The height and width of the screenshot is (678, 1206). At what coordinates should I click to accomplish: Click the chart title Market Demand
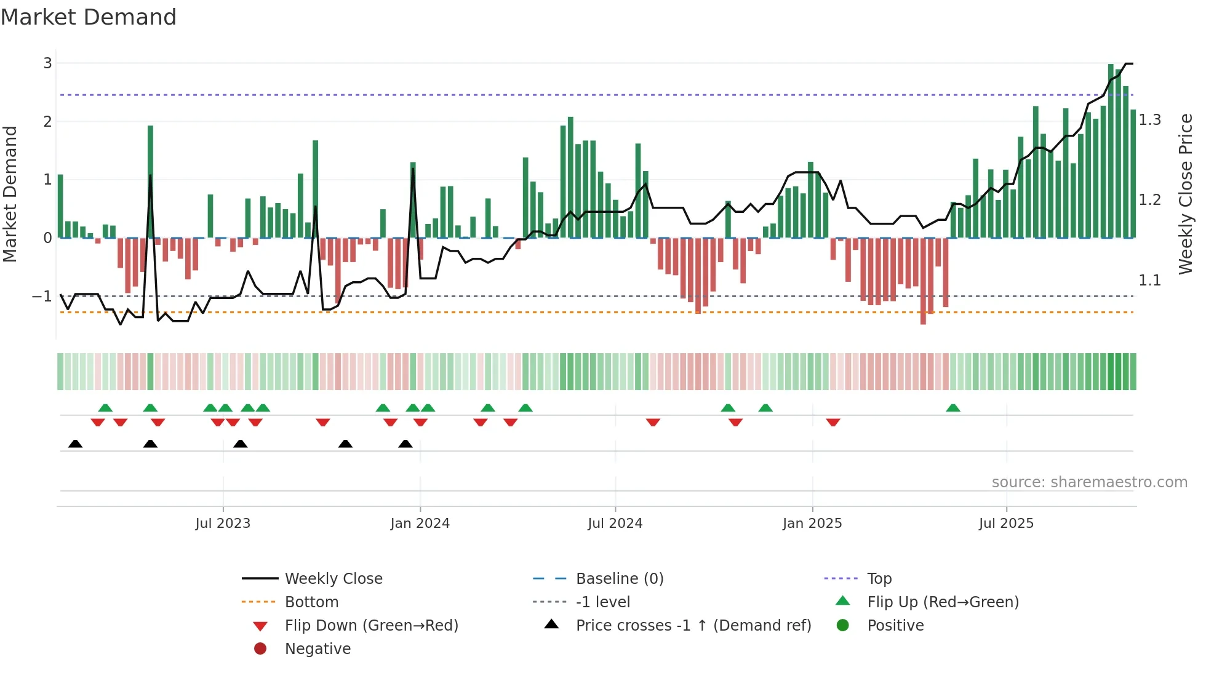click(x=89, y=17)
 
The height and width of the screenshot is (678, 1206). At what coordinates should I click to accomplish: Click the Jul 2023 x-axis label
click(x=223, y=524)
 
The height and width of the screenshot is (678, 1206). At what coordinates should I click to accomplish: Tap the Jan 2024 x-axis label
click(x=420, y=524)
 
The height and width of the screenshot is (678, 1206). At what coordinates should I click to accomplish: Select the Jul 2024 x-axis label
click(x=615, y=524)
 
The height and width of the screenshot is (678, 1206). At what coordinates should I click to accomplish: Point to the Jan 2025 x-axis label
click(x=812, y=524)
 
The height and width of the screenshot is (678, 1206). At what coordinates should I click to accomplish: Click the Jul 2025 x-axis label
click(x=1006, y=524)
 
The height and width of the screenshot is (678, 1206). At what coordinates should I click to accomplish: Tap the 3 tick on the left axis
click(x=47, y=63)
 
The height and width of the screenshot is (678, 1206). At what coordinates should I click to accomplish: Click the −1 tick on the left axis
click(x=42, y=297)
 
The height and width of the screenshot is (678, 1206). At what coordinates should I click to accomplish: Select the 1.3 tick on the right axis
click(x=1149, y=120)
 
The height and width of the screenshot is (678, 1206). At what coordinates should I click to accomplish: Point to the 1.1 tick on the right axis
click(x=1149, y=281)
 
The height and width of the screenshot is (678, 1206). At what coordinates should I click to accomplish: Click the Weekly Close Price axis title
click(x=1185, y=194)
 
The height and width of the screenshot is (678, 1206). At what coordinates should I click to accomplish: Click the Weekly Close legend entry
click(x=333, y=579)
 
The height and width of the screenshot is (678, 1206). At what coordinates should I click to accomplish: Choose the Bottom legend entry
click(x=311, y=602)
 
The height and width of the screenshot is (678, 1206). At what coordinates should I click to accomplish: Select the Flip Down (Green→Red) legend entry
click(x=371, y=626)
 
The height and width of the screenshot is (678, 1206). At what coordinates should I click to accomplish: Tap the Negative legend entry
click(x=317, y=649)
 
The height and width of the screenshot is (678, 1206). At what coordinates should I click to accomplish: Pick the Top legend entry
click(x=879, y=579)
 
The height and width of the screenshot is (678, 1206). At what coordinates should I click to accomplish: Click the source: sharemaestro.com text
click(x=1089, y=482)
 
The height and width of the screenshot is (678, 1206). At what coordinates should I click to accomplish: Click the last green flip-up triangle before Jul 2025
click(x=952, y=408)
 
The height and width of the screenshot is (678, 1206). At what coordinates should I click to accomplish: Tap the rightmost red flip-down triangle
click(x=833, y=422)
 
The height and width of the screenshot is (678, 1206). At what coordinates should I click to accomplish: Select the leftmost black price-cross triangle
click(x=75, y=444)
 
